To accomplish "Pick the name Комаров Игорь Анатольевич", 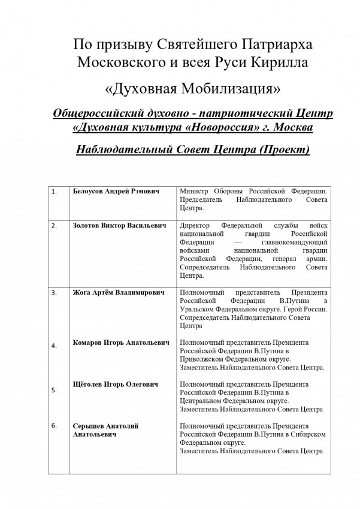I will click(x=116, y=343).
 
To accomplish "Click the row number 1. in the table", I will click(x=55, y=192).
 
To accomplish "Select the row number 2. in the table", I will click(x=55, y=226).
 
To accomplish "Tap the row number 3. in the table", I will click(x=55, y=293).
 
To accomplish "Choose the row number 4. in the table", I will click(x=55, y=346).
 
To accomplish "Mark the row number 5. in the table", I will click(x=55, y=390).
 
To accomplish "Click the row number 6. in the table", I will click(x=55, y=426).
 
